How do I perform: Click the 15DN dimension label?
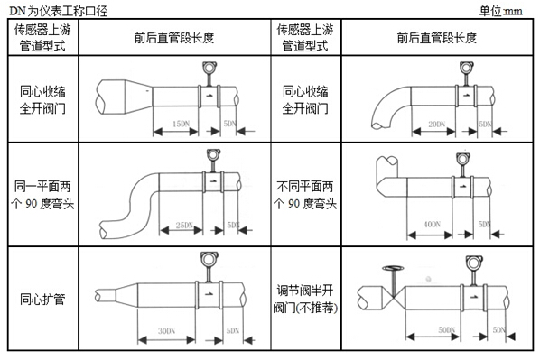pos(179,122)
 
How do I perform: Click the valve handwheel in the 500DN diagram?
pos(392,268)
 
